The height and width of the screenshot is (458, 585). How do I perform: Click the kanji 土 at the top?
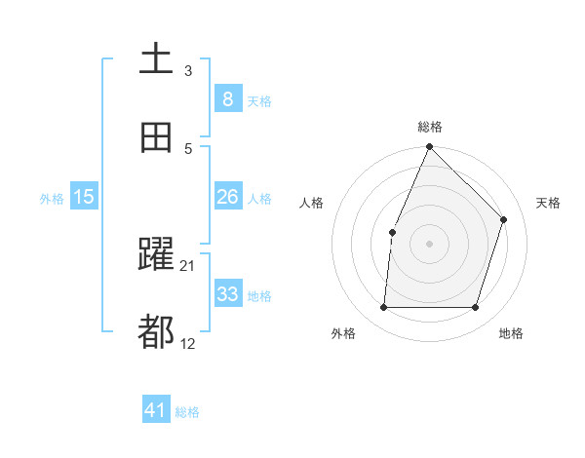[x=156, y=58]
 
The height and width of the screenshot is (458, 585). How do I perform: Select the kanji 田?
[x=156, y=137]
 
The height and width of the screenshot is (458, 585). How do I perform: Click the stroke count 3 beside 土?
[x=188, y=70]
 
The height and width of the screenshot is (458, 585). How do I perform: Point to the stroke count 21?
[x=188, y=265]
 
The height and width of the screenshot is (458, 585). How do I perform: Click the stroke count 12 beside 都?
[x=188, y=343]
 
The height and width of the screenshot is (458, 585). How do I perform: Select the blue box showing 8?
[x=227, y=98]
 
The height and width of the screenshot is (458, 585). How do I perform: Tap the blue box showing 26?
[x=227, y=197]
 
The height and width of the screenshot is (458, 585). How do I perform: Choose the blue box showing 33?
[x=227, y=294]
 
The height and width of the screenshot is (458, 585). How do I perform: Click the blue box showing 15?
[x=84, y=197]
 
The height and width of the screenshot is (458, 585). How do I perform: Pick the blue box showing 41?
[x=156, y=410]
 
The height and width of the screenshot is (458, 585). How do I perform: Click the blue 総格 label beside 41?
[x=187, y=412]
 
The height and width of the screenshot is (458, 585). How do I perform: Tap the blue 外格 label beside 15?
[x=52, y=199]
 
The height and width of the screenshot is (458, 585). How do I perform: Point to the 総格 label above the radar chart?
[x=430, y=127]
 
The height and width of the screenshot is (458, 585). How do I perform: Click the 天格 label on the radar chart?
[x=548, y=203]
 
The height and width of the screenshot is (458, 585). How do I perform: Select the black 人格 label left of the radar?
[x=312, y=203]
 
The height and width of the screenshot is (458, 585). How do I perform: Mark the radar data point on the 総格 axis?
[x=429, y=147]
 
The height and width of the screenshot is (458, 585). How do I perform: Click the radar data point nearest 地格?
[x=475, y=308]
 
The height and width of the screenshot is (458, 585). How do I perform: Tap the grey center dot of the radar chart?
[x=429, y=244]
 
